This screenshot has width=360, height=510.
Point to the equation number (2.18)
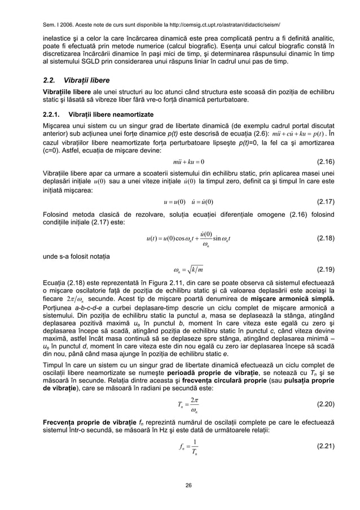[x=324, y=238]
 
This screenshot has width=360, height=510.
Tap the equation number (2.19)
[x=324, y=268]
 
